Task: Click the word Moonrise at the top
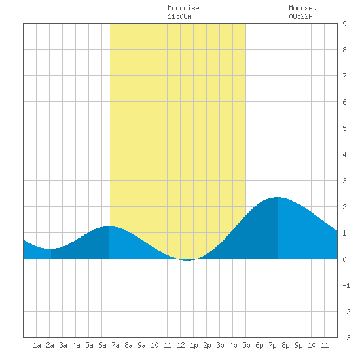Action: pyautogui.click(x=183, y=8)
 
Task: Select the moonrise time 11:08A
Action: pyautogui.click(x=179, y=16)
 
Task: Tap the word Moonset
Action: pyautogui.click(x=302, y=8)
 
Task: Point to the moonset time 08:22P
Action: pyautogui.click(x=300, y=16)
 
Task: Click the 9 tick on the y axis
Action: pyautogui.click(x=344, y=24)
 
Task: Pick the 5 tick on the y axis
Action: pyautogui.click(x=344, y=128)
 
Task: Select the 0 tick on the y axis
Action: pyautogui.click(x=344, y=259)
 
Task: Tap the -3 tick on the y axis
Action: pyautogui.click(x=346, y=338)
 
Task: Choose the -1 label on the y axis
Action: pyautogui.click(x=346, y=285)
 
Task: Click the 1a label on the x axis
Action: pyautogui.click(x=37, y=345)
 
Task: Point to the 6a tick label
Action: pyautogui.click(x=102, y=345)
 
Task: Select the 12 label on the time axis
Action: pyautogui.click(x=181, y=345)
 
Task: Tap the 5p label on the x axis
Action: pyautogui.click(x=246, y=345)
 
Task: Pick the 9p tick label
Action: pyautogui.click(x=298, y=345)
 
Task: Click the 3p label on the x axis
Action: pyautogui.click(x=220, y=345)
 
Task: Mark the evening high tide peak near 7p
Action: pyautogui.click(x=278, y=197)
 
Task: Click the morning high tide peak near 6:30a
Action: pyautogui.click(x=109, y=226)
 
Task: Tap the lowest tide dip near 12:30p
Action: pyautogui.click(x=187, y=260)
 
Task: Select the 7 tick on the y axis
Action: pyautogui.click(x=344, y=76)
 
